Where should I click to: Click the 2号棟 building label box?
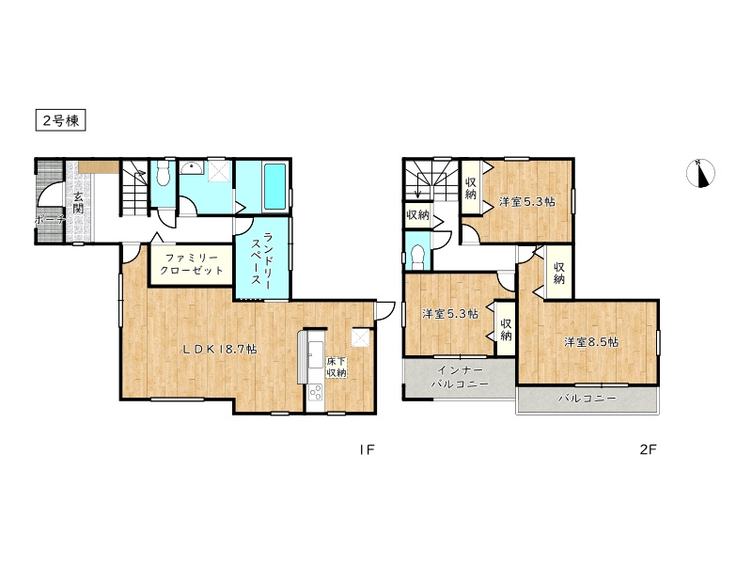(60, 120)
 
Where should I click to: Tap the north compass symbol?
(700, 173)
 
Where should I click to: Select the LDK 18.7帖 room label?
(220, 350)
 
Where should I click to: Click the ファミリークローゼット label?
(192, 264)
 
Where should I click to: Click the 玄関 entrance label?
(78, 202)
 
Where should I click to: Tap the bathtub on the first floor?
(274, 186)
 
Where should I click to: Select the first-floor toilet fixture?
(164, 173)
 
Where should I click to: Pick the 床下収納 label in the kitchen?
(337, 368)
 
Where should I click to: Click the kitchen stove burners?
(315, 393)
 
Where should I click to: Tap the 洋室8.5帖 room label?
(591, 342)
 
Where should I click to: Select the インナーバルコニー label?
(460, 377)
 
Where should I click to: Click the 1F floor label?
(367, 449)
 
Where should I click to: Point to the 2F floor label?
(649, 449)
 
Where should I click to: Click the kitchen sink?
(316, 354)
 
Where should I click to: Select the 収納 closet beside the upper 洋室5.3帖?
(471, 188)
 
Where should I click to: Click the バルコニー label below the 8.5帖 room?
(587, 399)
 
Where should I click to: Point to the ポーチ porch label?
(50, 220)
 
